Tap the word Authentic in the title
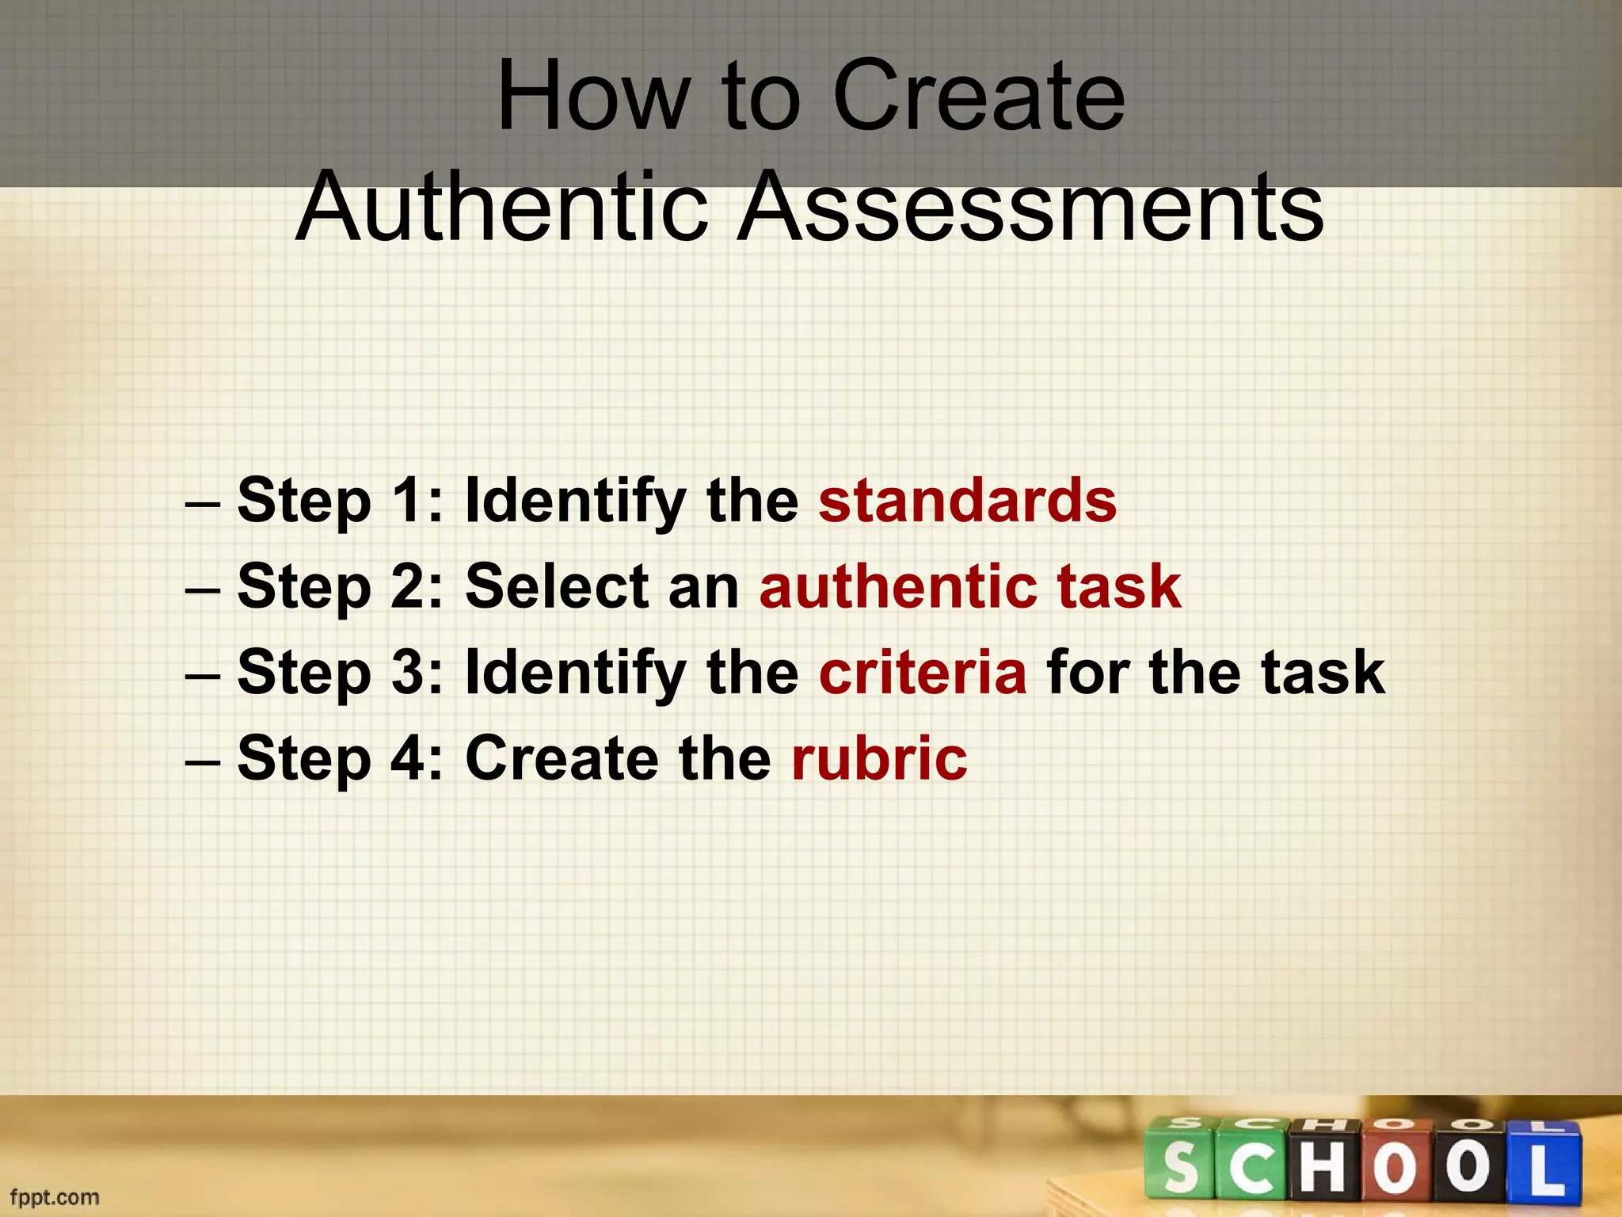tap(502, 208)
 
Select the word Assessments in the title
tap(1030, 208)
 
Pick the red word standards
tap(967, 501)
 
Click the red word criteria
tap(923, 672)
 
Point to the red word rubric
tap(879, 757)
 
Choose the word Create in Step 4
tap(562, 757)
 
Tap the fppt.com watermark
tap(55, 1196)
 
